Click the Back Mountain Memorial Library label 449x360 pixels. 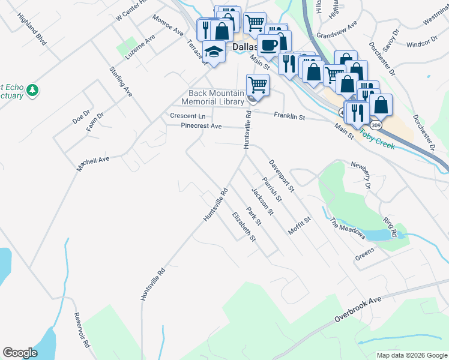click(x=216, y=97)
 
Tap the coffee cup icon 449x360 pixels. click(x=268, y=45)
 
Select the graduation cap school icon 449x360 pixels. click(x=214, y=51)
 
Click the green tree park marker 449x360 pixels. click(x=32, y=91)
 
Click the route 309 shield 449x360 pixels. click(x=376, y=125)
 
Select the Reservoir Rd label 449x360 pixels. click(x=82, y=331)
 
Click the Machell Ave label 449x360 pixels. click(x=93, y=164)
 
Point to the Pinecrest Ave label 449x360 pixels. click(x=202, y=126)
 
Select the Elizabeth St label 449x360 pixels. click(x=244, y=226)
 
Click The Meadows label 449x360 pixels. click(x=348, y=228)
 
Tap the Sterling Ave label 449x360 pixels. click(x=120, y=82)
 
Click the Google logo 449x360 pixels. click(x=20, y=353)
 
